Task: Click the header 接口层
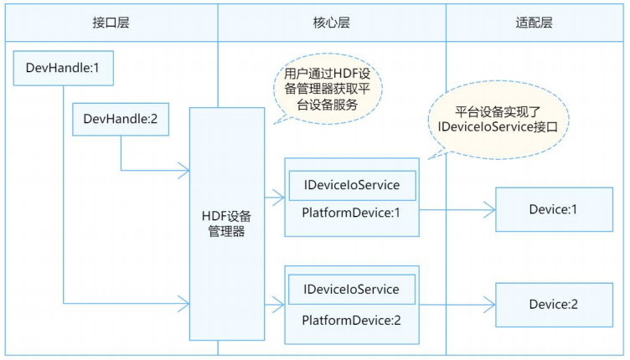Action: (x=111, y=23)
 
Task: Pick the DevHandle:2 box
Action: (x=121, y=119)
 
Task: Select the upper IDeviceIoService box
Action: (x=350, y=184)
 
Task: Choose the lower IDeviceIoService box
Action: (x=350, y=290)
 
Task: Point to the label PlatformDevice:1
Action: (x=350, y=213)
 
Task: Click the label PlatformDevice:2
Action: (x=350, y=320)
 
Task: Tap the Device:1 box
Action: (x=553, y=208)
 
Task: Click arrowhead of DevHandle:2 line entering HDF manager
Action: (x=185, y=171)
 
